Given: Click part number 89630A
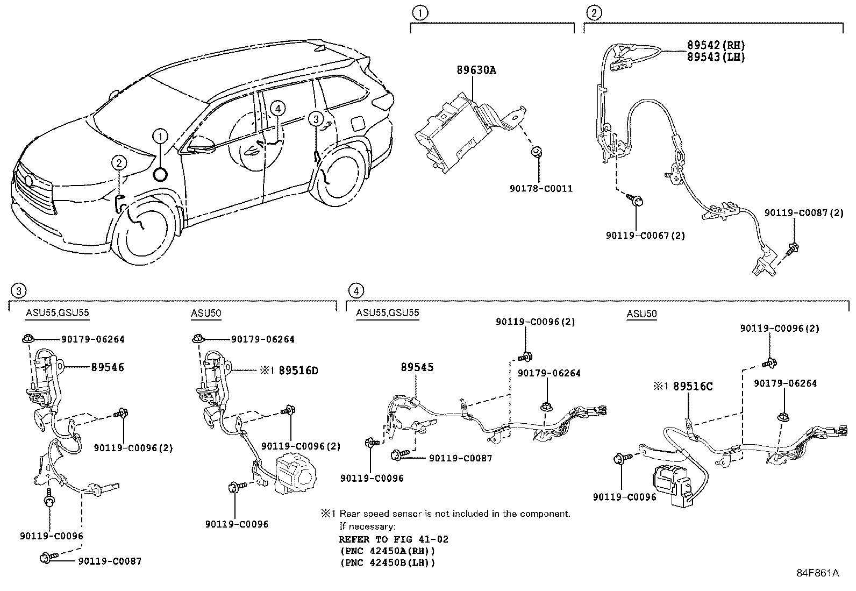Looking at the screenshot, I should pos(476,70).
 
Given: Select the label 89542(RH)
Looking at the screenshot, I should pos(716,45).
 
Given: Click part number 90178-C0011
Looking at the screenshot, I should pos(541,189).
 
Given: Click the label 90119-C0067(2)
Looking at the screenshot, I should pos(645,235).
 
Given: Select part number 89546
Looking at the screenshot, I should pos(108,367).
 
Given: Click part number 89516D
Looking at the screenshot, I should pos(298,371).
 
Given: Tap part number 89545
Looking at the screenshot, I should pos(417,367).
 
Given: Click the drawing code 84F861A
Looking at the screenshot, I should pos(817,573).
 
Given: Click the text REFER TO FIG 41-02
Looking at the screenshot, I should pos(394,539).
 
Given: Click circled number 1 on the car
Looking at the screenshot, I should pos(160,137).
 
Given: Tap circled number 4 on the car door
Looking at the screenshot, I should pos(277,108).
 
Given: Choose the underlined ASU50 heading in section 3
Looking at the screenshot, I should pos(206,314).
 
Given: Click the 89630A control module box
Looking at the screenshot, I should pos(452,134).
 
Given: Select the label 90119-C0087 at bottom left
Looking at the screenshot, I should pos(110,561).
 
